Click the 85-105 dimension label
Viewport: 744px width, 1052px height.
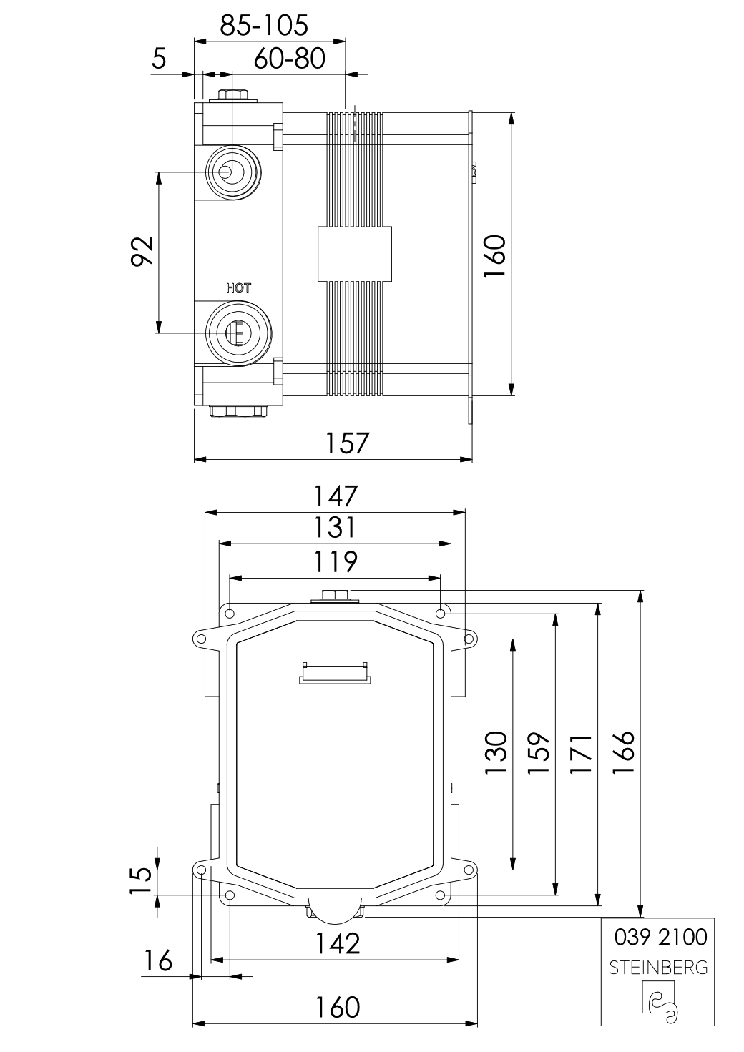tap(265, 25)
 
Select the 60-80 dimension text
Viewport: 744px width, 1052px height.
tap(289, 59)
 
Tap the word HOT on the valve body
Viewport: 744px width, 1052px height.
tap(239, 288)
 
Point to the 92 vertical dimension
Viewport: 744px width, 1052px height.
tap(142, 252)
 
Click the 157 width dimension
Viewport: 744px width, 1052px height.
tap(347, 443)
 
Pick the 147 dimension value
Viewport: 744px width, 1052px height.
tap(336, 496)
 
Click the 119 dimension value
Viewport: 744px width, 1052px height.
tap(336, 561)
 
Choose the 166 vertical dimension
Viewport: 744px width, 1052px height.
tap(624, 752)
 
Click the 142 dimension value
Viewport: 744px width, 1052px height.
tap(338, 944)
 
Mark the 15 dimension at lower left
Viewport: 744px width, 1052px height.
tap(142, 880)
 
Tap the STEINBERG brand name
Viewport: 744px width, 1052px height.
tap(658, 968)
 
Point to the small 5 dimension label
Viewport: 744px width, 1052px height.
tap(160, 59)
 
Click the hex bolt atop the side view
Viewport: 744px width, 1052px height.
tap(233, 96)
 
